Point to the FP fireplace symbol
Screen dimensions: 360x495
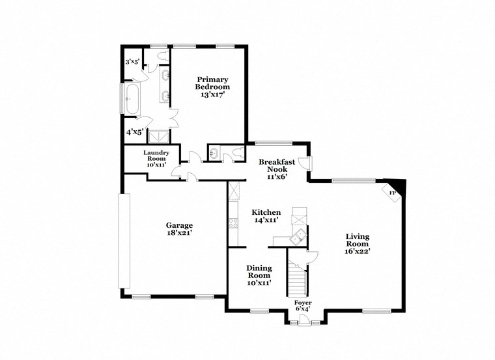[x=393, y=193]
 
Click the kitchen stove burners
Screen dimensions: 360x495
[x=233, y=224]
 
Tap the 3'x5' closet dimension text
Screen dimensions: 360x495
[x=132, y=62]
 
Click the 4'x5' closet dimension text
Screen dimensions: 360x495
[x=135, y=132]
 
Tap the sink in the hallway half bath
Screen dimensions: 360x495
[x=213, y=154]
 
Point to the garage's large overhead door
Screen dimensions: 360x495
[x=124, y=241]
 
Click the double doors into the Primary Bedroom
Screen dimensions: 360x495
[x=172, y=118]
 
